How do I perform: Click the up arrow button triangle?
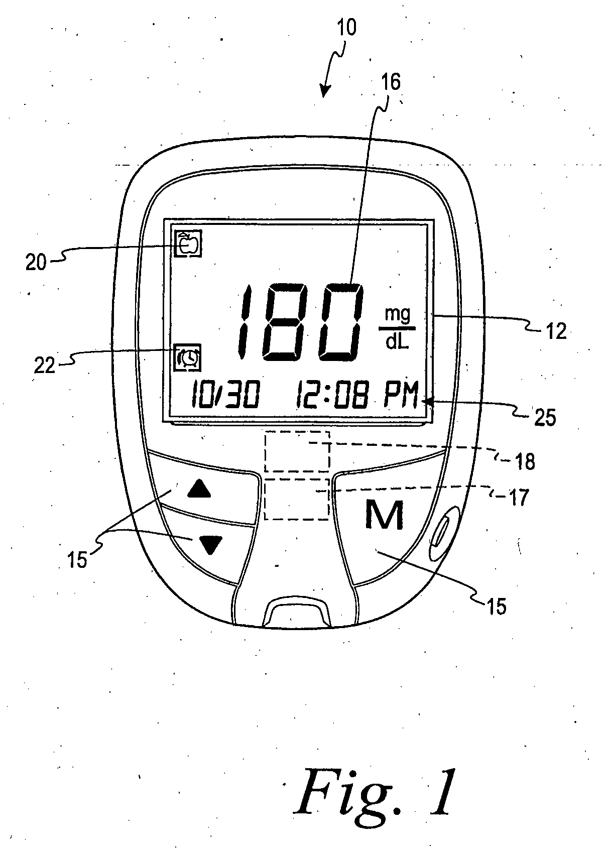pos(199,489)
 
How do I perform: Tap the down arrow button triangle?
pos(210,545)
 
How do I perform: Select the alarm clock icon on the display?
pos(188,357)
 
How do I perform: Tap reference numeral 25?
pos(545,418)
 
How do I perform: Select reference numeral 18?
pos(525,462)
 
